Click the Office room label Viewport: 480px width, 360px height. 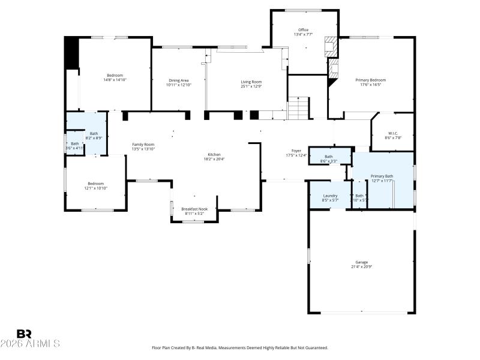(303, 29)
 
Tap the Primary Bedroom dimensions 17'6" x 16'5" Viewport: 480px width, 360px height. (370, 85)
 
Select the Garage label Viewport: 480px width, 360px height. (361, 262)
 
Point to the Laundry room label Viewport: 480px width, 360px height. (330, 196)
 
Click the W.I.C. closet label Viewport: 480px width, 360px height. (393, 133)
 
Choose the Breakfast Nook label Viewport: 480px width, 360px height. (194, 209)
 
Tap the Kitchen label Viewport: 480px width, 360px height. (214, 155)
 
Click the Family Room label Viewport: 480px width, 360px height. (143, 144)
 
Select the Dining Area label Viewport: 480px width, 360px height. (178, 80)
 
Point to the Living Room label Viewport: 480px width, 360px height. (251, 82)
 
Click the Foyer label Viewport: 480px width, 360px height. (296, 151)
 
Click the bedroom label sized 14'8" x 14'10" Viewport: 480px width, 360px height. (115, 75)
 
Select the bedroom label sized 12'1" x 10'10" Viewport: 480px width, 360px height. (96, 184)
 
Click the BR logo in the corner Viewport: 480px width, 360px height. (24, 333)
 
